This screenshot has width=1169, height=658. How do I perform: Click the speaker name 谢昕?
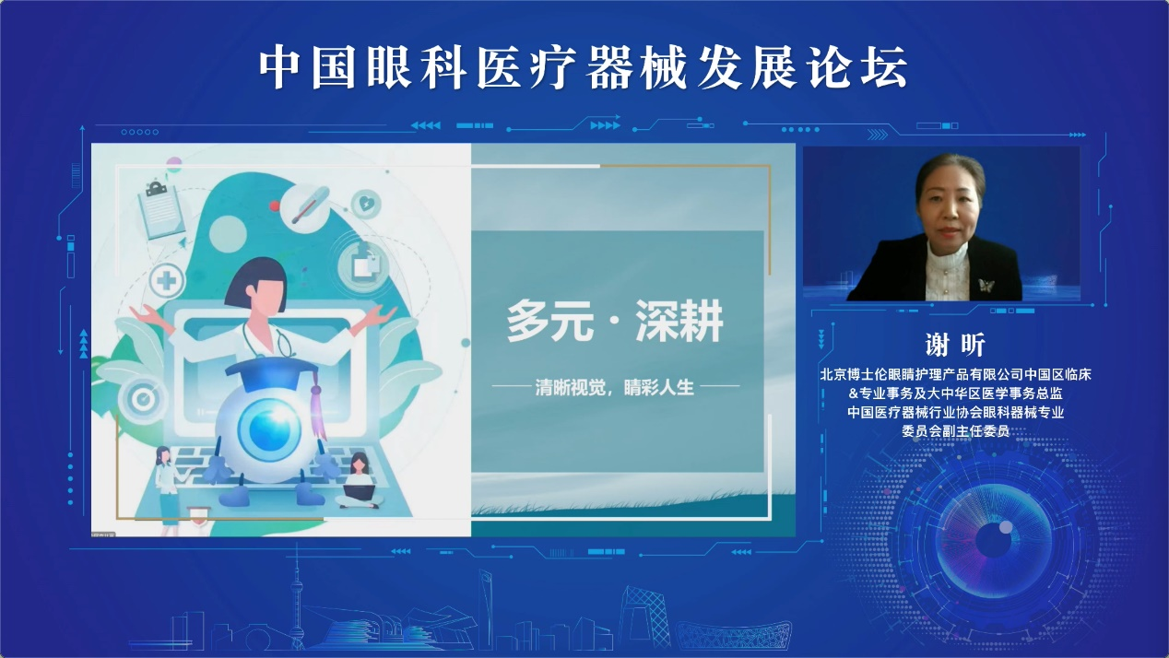pyautogui.click(x=955, y=345)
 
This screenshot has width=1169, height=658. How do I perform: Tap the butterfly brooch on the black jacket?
pyautogui.click(x=986, y=285)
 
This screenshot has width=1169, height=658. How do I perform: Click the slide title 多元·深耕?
pyautogui.click(x=615, y=321)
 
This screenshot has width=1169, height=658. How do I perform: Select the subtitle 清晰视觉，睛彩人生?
pyautogui.click(x=614, y=387)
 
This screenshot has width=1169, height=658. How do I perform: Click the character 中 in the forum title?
pyautogui.click(x=282, y=67)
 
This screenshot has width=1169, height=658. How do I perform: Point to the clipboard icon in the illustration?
pyautogui.click(x=160, y=209)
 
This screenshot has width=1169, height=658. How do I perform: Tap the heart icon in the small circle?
pyautogui.click(x=366, y=203)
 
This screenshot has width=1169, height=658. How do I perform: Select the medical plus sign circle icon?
pyautogui.click(x=167, y=281)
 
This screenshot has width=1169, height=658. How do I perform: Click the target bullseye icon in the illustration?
pyautogui.click(x=143, y=399)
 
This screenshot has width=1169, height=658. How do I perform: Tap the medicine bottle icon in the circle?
pyautogui.click(x=365, y=264)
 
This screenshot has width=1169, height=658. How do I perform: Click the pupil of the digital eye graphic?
pyautogui.click(x=993, y=541)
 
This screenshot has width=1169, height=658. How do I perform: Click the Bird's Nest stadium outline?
pyautogui.click(x=733, y=635)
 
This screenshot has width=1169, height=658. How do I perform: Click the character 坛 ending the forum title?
pyautogui.click(x=885, y=67)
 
